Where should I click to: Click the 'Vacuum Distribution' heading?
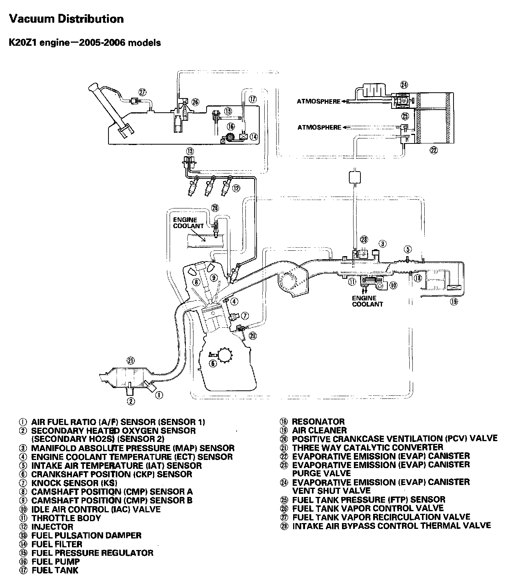point(66,19)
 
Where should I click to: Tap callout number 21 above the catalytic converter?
point(131,360)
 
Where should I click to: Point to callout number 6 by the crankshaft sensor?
point(212,363)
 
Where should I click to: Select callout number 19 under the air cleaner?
point(454,302)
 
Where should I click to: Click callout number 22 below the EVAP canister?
point(434,150)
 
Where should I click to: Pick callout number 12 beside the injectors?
point(236,188)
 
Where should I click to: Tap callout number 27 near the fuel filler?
point(143,92)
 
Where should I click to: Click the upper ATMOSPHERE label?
point(319,102)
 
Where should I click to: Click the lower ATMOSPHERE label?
point(319,127)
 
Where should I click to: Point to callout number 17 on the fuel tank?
point(252,99)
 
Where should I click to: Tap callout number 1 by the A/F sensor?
point(159,395)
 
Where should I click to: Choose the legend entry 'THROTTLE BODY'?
point(66,518)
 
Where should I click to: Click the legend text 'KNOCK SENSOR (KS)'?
point(74,483)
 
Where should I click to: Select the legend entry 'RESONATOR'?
point(318,422)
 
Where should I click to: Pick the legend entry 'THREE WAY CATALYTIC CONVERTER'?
point(367,448)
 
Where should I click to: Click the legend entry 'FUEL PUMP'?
point(55,562)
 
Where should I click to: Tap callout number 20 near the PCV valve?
point(252,335)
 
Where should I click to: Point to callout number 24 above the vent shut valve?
point(404,85)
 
